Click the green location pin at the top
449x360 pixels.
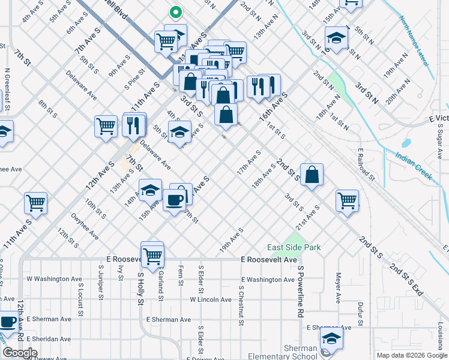point(175,12)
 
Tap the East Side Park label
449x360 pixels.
point(294,247)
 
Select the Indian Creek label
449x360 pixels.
point(414,166)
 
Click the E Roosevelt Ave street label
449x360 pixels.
point(269,260)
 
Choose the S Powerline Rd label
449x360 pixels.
point(300,292)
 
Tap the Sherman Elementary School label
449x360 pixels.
point(300,353)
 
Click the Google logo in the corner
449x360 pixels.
point(20,353)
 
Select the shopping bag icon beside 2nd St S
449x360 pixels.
point(312,175)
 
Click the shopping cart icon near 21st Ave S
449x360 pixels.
point(347,200)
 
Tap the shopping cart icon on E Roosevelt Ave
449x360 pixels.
point(153,255)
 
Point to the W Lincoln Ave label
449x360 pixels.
point(211,299)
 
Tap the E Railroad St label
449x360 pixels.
point(366,164)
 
